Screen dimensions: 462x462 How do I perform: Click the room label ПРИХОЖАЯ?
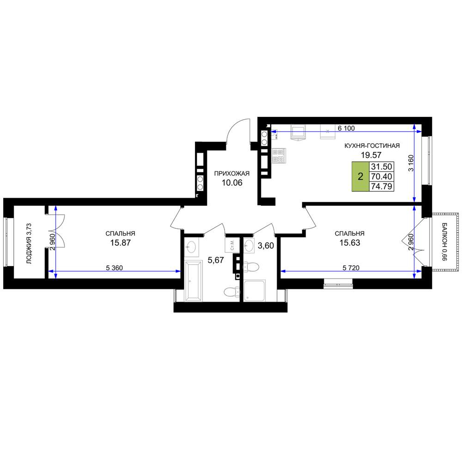coord(231,173)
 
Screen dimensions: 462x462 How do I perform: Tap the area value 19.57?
coord(371,155)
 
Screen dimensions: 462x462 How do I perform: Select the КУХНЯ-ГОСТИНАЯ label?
coord(372,146)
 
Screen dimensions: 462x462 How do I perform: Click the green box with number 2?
coord(360,176)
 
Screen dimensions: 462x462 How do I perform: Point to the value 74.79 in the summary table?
coord(381,186)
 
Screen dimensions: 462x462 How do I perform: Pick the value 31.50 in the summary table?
coord(381,166)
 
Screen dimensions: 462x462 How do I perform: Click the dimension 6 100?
coord(346,128)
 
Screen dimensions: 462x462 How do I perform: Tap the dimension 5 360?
coord(114,268)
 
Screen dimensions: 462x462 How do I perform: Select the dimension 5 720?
coord(351,268)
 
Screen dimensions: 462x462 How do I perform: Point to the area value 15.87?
coord(121,243)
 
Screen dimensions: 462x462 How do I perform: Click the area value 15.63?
coord(350,243)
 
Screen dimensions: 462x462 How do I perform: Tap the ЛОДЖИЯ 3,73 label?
coord(29,243)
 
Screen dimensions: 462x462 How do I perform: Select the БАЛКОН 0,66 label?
coord(444,242)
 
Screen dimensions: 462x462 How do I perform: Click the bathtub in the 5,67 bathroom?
coord(193,281)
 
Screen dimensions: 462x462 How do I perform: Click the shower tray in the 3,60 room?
coord(255,291)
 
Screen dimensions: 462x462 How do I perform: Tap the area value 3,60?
coord(266,245)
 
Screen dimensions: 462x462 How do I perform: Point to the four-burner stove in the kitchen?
coord(279,156)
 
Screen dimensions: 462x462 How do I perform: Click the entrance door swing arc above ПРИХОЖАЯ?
coord(235,126)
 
